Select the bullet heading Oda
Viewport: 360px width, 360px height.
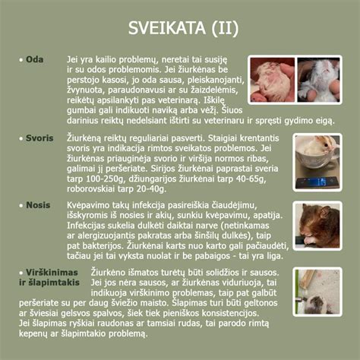pyautogui.click(x=34, y=59)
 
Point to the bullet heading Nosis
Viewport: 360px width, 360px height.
pyautogui.click(x=38, y=205)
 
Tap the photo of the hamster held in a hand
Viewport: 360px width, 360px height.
pyautogui.click(x=273, y=80)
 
